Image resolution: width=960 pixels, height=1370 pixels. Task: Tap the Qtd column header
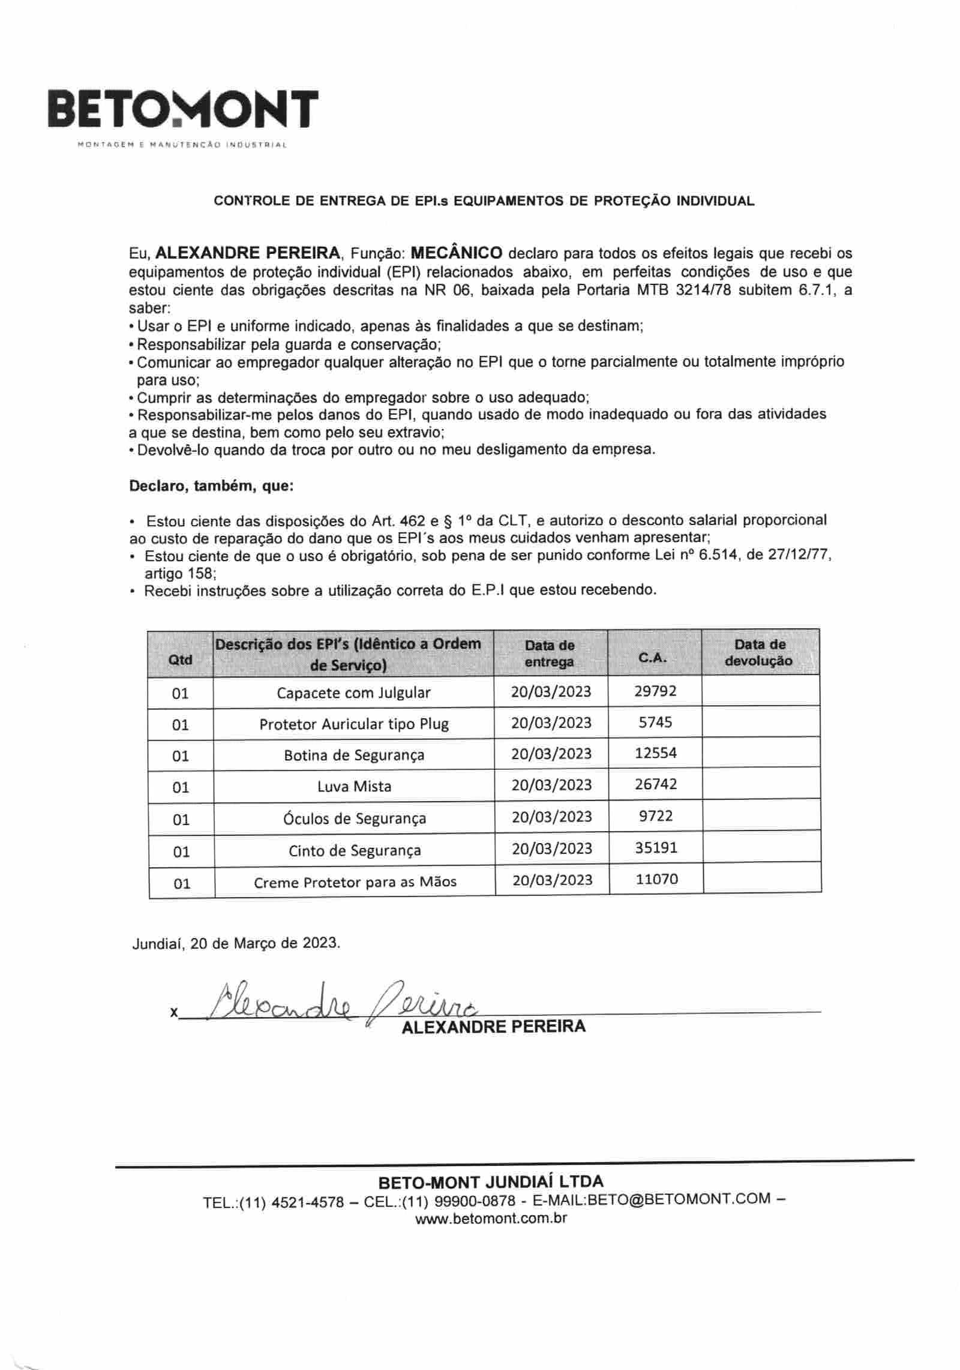[x=180, y=659]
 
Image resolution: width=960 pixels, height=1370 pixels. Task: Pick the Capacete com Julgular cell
[x=353, y=693]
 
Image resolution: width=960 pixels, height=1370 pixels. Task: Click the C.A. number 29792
[x=655, y=691]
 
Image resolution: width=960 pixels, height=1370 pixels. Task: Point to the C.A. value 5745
[x=655, y=722]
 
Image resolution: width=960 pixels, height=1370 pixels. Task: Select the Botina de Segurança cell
[x=354, y=755]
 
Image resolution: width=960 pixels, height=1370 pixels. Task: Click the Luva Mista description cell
[x=354, y=786]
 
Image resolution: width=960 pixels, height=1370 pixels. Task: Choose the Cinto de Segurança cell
[x=355, y=850]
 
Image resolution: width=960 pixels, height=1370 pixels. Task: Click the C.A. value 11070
[x=656, y=879]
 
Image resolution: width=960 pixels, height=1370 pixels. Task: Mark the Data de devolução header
[x=759, y=652]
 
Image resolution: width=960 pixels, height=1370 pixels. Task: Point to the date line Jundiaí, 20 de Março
[x=236, y=943]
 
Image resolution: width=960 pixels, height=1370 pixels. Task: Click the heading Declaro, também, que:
[x=211, y=485]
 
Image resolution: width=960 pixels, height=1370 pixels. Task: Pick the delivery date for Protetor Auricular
[x=551, y=723]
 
